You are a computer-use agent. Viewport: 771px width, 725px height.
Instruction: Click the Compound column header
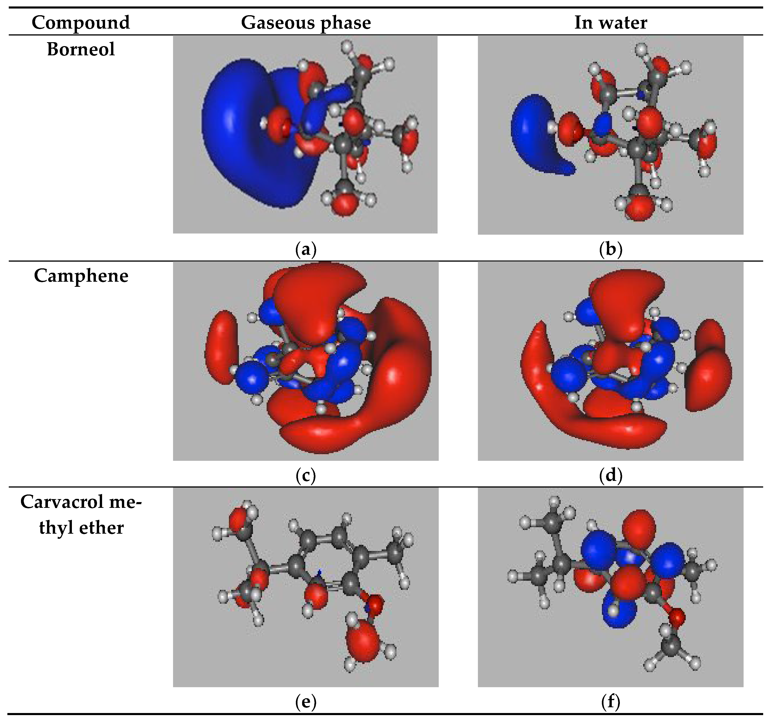(81, 22)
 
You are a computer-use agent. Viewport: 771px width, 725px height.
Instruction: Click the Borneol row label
(81, 49)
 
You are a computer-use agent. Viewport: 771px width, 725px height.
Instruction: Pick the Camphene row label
(81, 276)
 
